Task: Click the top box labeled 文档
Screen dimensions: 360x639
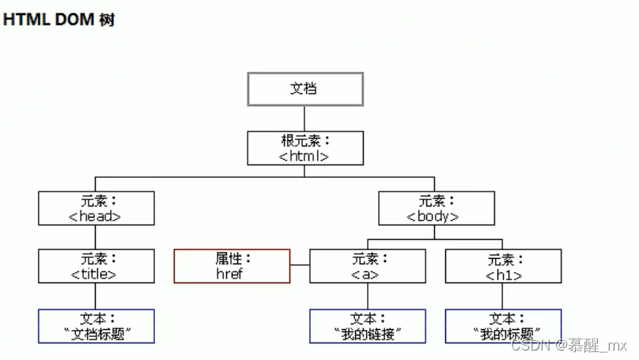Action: (305, 89)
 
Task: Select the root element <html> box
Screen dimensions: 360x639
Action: (305, 148)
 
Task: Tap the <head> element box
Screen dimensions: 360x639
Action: (96, 208)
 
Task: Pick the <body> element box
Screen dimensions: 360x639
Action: (436, 208)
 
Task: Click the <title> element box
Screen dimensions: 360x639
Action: (96, 266)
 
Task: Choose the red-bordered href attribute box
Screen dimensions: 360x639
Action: (232, 266)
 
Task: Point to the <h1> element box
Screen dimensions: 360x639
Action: (503, 266)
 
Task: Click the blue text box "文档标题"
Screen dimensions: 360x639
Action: (96, 325)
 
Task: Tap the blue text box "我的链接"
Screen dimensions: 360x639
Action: (367, 325)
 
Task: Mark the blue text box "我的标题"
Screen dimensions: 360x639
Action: (503, 325)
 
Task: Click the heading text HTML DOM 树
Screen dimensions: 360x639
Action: (59, 20)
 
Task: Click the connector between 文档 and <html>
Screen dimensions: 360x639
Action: (305, 118)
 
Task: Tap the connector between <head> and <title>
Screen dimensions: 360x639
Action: (96, 237)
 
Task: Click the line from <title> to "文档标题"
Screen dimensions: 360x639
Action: (96, 296)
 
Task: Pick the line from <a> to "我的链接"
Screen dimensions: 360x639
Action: (367, 296)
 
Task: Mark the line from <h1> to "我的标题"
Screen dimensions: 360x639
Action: (503, 296)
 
